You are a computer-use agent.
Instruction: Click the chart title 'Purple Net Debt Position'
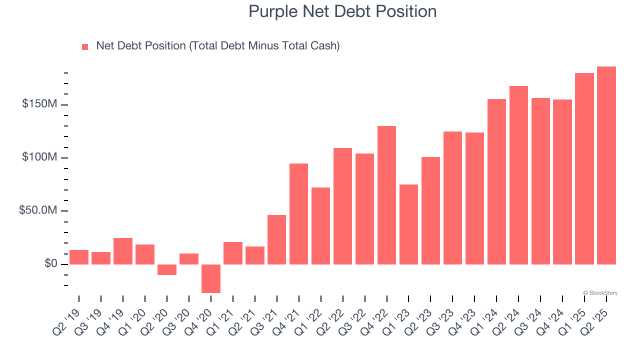coord(342,11)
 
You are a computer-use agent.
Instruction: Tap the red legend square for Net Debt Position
coord(85,46)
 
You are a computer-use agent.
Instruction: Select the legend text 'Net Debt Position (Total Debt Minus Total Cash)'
coord(217,46)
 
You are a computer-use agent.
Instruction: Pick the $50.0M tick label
coord(38,210)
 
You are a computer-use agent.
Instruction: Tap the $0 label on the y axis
coord(49,263)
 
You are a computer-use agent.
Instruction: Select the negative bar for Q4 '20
coord(211,278)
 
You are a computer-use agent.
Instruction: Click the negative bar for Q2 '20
coord(167,269)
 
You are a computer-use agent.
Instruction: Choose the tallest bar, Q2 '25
coord(606,165)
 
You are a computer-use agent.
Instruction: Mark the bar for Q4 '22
coord(386,195)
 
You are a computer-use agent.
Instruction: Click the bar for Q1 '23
coord(408,224)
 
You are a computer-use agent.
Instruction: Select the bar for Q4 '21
coord(298,213)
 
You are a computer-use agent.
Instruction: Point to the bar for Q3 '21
coord(276,239)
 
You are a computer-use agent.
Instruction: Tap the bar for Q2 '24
coord(518,175)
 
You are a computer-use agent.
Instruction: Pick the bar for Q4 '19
coord(123,251)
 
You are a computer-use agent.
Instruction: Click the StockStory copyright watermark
coord(600,293)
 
